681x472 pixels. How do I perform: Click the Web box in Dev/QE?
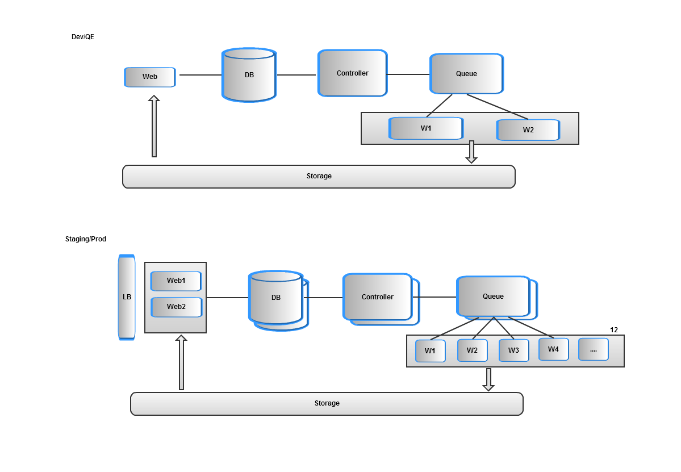[150, 77]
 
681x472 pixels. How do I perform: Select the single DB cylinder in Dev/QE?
[249, 76]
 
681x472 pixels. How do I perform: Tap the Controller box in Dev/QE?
[352, 73]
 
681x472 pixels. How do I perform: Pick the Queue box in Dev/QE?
[466, 74]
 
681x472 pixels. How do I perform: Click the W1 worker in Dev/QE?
[426, 128]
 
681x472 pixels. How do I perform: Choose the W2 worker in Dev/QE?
[528, 130]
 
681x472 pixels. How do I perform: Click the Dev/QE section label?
[82, 37]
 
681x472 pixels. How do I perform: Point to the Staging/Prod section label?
[86, 239]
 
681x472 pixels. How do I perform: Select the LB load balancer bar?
[127, 297]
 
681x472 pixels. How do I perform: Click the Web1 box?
[176, 281]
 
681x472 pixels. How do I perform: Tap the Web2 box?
[176, 307]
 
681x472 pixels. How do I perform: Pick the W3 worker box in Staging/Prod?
[513, 350]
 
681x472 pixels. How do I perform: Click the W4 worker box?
[553, 349]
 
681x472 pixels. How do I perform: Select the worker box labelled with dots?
[593, 349]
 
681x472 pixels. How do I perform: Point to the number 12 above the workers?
[614, 330]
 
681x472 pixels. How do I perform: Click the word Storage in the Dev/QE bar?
[319, 176]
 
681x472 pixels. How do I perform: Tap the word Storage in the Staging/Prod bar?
[327, 403]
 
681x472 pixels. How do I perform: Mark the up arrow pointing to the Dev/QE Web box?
[153, 126]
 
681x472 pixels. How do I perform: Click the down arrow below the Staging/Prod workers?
[488, 379]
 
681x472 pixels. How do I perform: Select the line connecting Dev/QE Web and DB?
[199, 75]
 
